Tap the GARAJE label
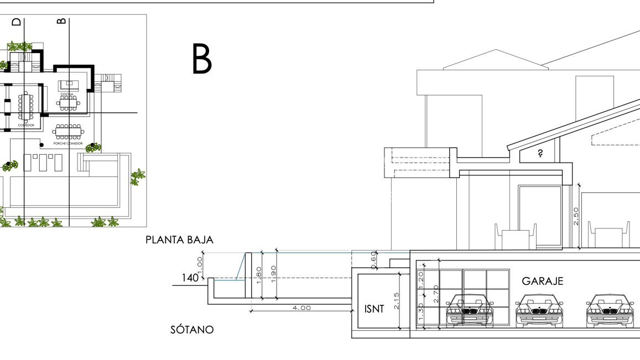pyautogui.click(x=543, y=281)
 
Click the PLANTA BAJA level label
pyautogui.click(x=179, y=240)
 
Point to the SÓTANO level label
pyautogui.click(x=192, y=330)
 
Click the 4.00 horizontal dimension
pyautogui.click(x=301, y=307)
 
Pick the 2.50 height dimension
pyautogui.click(x=576, y=216)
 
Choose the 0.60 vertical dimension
pyautogui.click(x=374, y=260)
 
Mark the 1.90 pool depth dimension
pyautogui.click(x=273, y=274)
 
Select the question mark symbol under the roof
pyautogui.click(x=540, y=154)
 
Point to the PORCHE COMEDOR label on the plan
pyautogui.click(x=68, y=143)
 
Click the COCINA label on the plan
pyautogui.click(x=67, y=94)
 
